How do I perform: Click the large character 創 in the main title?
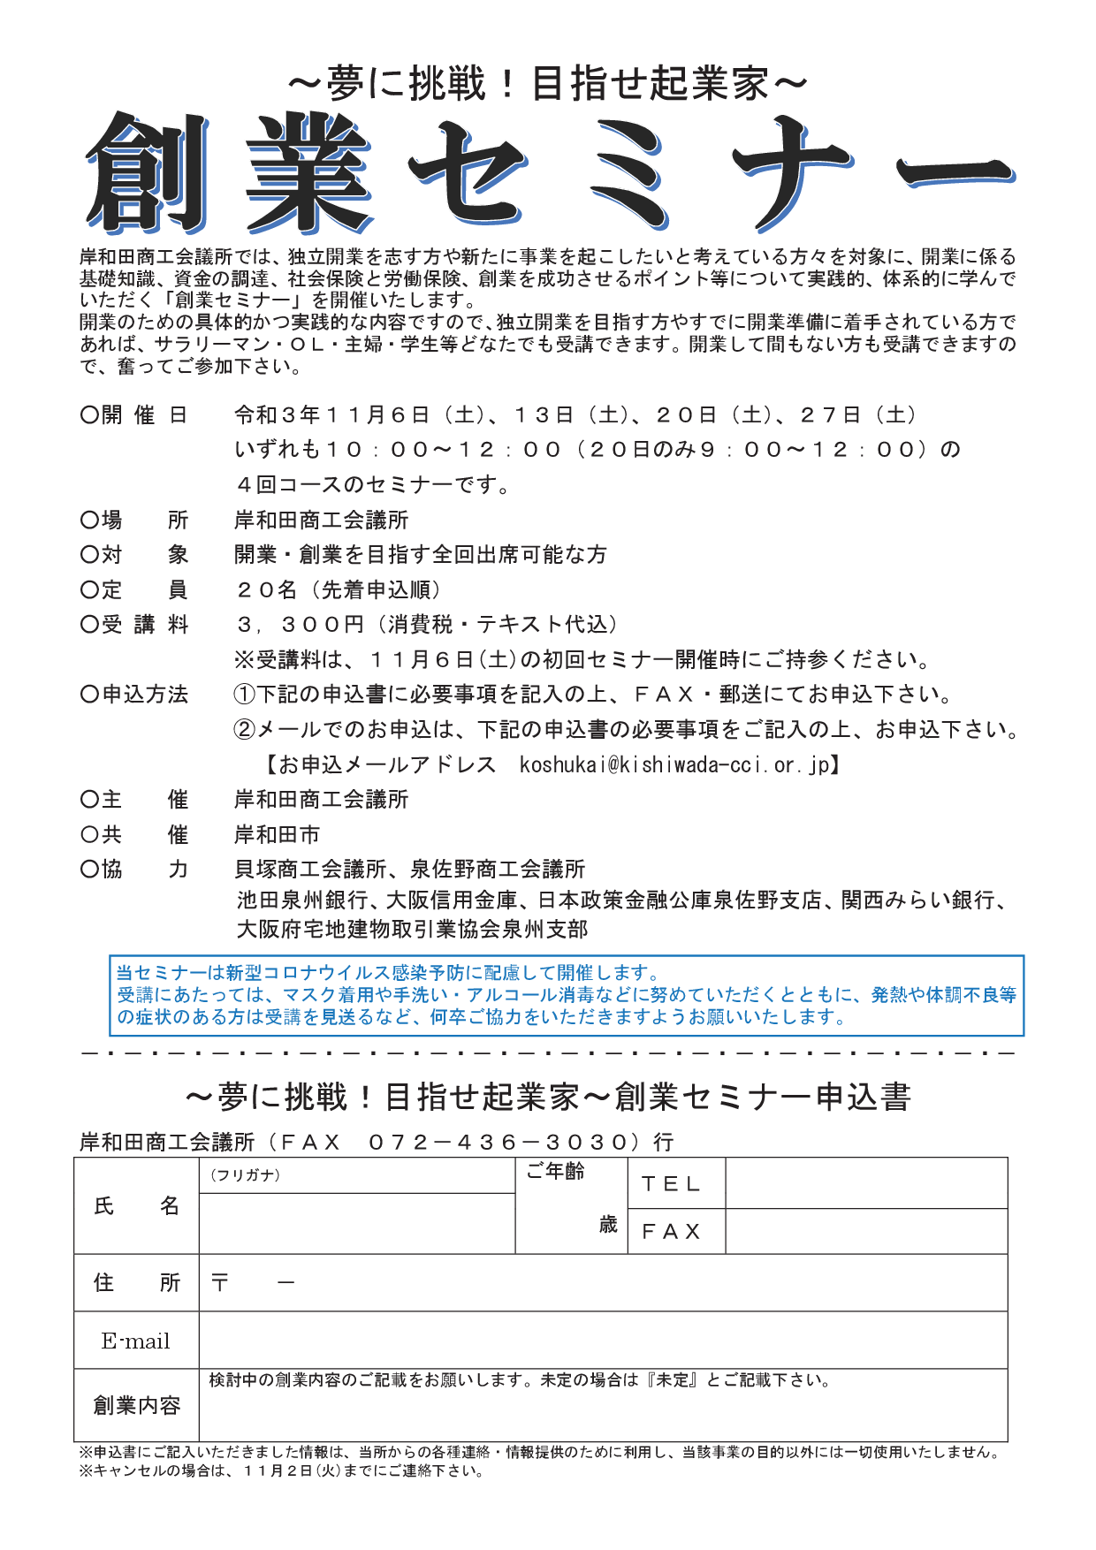pyautogui.click(x=148, y=172)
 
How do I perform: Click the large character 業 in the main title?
pyautogui.click(x=308, y=174)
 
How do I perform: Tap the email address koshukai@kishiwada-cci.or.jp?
pyautogui.click(x=674, y=764)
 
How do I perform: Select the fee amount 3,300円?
pyautogui.click(x=301, y=625)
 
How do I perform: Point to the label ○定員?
pyautogui.click(x=134, y=589)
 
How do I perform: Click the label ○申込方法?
pyautogui.click(x=134, y=695)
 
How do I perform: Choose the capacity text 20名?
pyautogui.click(x=266, y=589)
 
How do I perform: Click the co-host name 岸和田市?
pyautogui.click(x=277, y=834)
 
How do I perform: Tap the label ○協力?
pyautogui.click(x=134, y=870)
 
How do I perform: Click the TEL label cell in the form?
pyautogui.click(x=671, y=1184)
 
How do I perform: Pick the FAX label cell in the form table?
pyautogui.click(x=671, y=1232)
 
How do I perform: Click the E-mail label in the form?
pyautogui.click(x=136, y=1341)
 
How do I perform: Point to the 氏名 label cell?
pyautogui.click(x=136, y=1206)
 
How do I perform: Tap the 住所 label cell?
pyautogui.click(x=136, y=1283)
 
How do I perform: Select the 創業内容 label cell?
pyautogui.click(x=136, y=1405)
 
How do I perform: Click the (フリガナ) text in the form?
pyautogui.click(x=245, y=1175)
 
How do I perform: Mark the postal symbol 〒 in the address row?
pyautogui.click(x=220, y=1282)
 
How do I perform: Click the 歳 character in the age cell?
pyautogui.click(x=608, y=1225)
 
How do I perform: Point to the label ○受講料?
pyautogui.click(x=134, y=625)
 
